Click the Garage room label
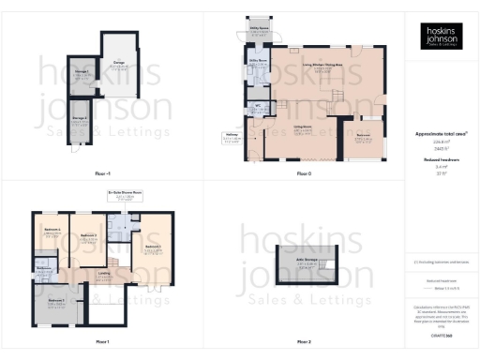point(119,63)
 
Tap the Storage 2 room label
point(82,117)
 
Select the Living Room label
point(302,127)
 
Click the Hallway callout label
point(230,134)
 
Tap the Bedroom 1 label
point(153,247)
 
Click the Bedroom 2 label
point(88,234)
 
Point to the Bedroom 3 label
point(52,229)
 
